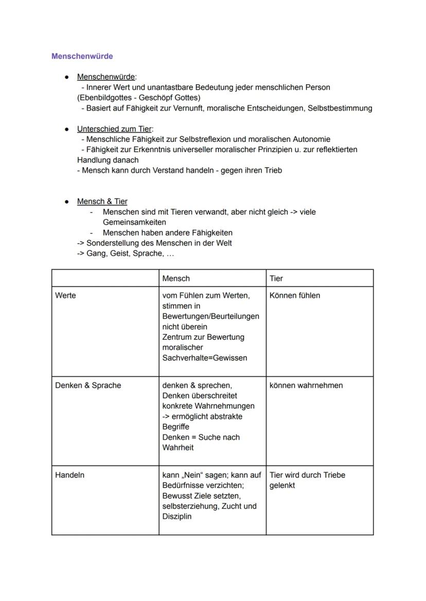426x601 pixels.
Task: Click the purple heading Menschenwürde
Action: tap(82, 56)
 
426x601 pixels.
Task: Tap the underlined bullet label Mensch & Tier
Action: tap(102, 201)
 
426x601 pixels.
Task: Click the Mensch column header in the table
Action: tap(176, 278)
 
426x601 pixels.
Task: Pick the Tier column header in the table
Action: tap(276, 278)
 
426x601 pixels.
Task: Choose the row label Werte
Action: tap(65, 296)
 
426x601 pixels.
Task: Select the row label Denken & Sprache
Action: tap(88, 386)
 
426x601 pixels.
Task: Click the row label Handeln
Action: tap(69, 475)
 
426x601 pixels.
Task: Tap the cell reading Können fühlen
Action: tap(294, 296)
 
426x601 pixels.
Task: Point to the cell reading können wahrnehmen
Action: tap(306, 386)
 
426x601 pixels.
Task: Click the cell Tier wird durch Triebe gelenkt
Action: tap(307, 480)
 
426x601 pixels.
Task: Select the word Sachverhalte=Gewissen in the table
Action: tap(204, 358)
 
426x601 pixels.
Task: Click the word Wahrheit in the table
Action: tap(178, 447)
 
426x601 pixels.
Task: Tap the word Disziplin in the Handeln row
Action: tap(177, 516)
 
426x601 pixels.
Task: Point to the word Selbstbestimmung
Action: tap(340, 108)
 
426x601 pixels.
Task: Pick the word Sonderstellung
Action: tap(113, 243)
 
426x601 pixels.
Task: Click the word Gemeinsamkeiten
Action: tap(134, 222)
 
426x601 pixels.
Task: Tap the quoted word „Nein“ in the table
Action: tap(188, 475)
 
